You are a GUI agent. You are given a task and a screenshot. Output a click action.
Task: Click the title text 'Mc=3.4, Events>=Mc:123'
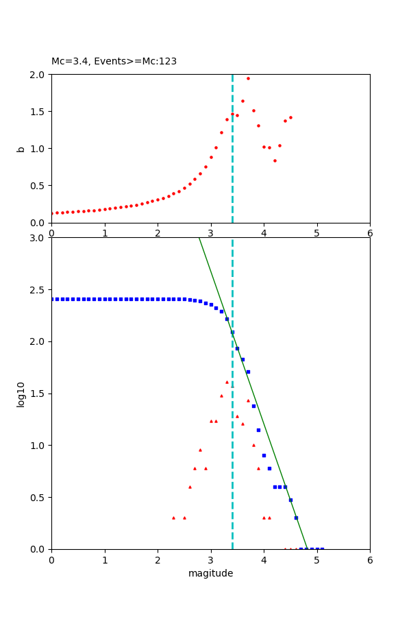point(114,62)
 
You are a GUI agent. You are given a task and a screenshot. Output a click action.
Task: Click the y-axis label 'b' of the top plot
point(21,149)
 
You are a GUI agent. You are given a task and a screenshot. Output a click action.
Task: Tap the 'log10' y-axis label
point(21,394)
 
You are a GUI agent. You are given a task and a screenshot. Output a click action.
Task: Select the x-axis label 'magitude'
point(210,573)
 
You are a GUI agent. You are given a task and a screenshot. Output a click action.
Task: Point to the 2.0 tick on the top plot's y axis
point(38,75)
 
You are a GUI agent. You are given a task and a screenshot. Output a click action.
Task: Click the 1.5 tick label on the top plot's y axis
point(38,112)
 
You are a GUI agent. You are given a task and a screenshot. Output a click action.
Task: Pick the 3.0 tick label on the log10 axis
point(38,238)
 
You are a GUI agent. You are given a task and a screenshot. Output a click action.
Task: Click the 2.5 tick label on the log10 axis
point(38,290)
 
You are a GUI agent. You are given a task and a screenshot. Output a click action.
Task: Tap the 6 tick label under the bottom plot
point(370,559)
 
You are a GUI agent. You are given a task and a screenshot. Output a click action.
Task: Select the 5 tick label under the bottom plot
point(316,559)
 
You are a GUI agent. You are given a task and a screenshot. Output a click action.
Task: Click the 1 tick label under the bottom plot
point(105,559)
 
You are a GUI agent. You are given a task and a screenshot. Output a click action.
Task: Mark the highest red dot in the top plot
point(248,78)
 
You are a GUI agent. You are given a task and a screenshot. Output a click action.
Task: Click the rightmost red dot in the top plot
point(290,117)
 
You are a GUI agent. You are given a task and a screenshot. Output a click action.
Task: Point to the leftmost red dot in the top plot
point(52,213)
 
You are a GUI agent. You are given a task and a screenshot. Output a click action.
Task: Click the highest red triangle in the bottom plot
point(227,382)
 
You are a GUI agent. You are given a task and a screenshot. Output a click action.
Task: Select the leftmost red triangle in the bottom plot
point(173,518)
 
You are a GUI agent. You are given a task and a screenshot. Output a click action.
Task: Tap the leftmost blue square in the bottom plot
point(52,299)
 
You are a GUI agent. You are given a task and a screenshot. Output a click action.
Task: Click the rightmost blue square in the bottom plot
point(322,548)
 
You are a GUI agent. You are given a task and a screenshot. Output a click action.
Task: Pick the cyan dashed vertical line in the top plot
point(232,171)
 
